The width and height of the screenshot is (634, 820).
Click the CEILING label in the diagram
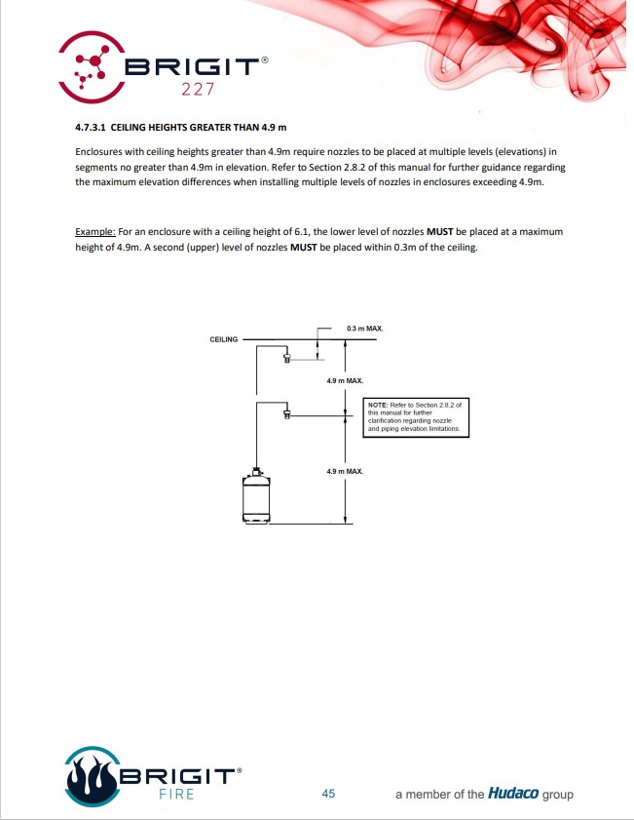point(225,339)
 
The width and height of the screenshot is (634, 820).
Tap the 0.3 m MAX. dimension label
point(364,329)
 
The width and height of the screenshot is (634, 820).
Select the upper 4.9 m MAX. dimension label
point(345,379)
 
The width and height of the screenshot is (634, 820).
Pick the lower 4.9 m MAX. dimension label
point(345,471)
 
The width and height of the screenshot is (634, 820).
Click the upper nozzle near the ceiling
point(287,358)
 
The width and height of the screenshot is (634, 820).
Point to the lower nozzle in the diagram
point(287,414)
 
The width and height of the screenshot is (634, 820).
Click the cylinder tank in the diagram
point(256,497)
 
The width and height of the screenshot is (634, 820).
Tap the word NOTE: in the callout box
point(378,403)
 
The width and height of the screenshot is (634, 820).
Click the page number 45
point(328,794)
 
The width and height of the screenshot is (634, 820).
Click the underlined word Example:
point(95,232)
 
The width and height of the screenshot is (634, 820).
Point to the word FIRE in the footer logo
point(176,794)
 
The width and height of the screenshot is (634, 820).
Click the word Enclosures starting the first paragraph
point(100,152)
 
